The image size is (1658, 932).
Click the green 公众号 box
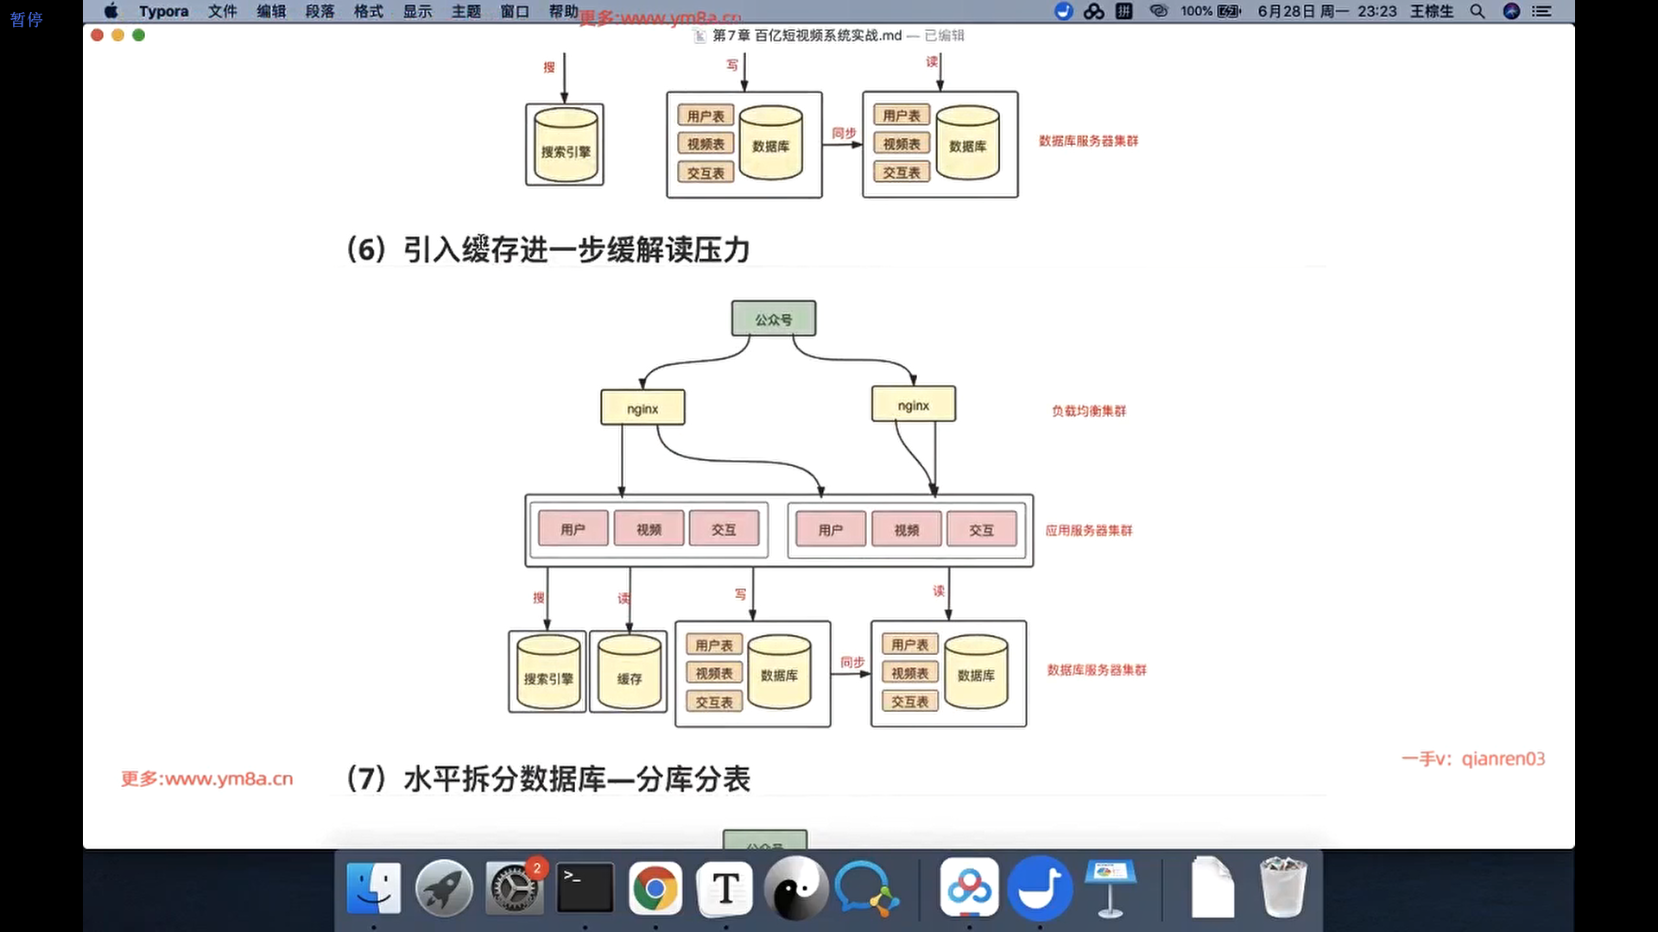773,319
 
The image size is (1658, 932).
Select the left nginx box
642,408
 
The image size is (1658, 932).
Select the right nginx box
913,405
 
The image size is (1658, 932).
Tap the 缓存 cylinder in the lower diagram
629,677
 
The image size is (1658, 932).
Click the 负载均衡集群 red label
1088,411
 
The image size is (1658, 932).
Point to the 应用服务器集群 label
1088,531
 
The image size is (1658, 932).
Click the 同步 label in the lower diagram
852,662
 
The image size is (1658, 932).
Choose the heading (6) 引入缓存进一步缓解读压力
547,250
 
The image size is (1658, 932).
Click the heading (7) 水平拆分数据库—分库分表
547,779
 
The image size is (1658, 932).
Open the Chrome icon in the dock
655,889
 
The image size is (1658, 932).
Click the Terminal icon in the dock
585,889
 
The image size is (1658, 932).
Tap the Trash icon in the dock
1282,889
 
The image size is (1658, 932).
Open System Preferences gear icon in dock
515,889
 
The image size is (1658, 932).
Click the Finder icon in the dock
374,889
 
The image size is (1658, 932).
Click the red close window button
97,35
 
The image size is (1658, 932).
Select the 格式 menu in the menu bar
369,11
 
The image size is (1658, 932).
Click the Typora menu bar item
163,11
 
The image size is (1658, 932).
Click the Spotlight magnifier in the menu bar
1478,11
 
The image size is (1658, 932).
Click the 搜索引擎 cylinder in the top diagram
565,147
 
